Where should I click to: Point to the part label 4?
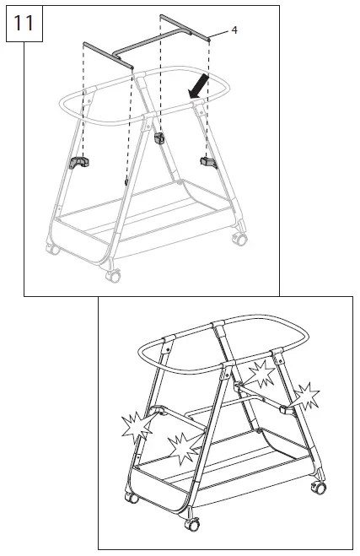(x=234, y=30)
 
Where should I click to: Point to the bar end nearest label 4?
(x=207, y=36)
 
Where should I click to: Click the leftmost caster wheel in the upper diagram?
(x=53, y=250)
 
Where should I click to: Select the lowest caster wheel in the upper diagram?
(x=111, y=275)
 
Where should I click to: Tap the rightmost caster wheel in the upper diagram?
(x=241, y=240)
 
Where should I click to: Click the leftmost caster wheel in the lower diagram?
(x=132, y=498)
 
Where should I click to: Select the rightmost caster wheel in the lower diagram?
(x=320, y=489)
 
